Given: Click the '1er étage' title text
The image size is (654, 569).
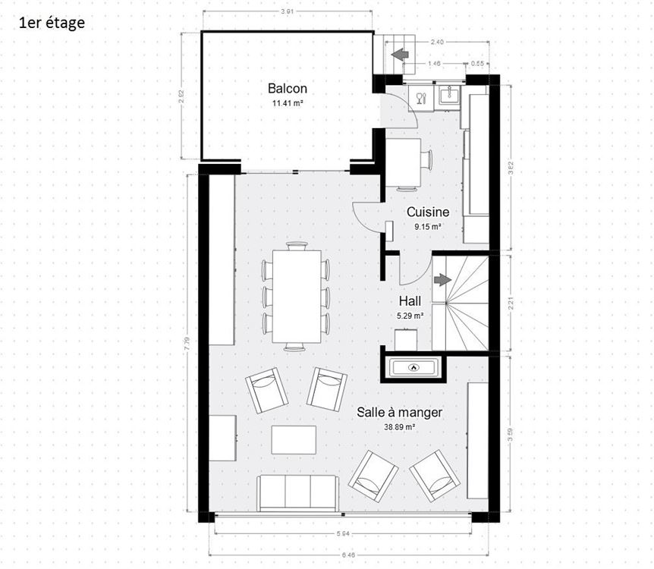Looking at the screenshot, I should coord(52,22).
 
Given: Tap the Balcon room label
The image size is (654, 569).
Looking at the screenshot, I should coord(288,88).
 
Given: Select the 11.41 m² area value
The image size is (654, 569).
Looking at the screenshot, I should coord(288,103).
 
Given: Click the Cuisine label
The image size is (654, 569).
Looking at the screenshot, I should coord(428,212).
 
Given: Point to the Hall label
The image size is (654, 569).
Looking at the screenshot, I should coord(410,301).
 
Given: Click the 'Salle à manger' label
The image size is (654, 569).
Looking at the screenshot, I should coord(400,413).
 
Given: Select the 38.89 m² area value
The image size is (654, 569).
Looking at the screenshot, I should coord(400,427).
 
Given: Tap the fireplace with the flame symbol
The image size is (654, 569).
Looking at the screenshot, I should coord(413,368).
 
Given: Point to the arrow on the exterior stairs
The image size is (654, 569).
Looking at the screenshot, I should coord(400,54).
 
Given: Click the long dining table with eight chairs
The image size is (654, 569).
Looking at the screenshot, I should coord(296,296).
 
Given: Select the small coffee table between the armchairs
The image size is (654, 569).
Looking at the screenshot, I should coord(294,439).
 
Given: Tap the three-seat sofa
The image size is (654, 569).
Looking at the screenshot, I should coord(297,493).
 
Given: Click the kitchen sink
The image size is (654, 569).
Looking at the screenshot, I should coord(448,94).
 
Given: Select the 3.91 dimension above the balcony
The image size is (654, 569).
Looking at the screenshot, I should coord(287,11).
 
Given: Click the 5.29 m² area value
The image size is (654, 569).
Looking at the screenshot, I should coord(410,316).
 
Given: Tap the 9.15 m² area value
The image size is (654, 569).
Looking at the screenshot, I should coord(428,226).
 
